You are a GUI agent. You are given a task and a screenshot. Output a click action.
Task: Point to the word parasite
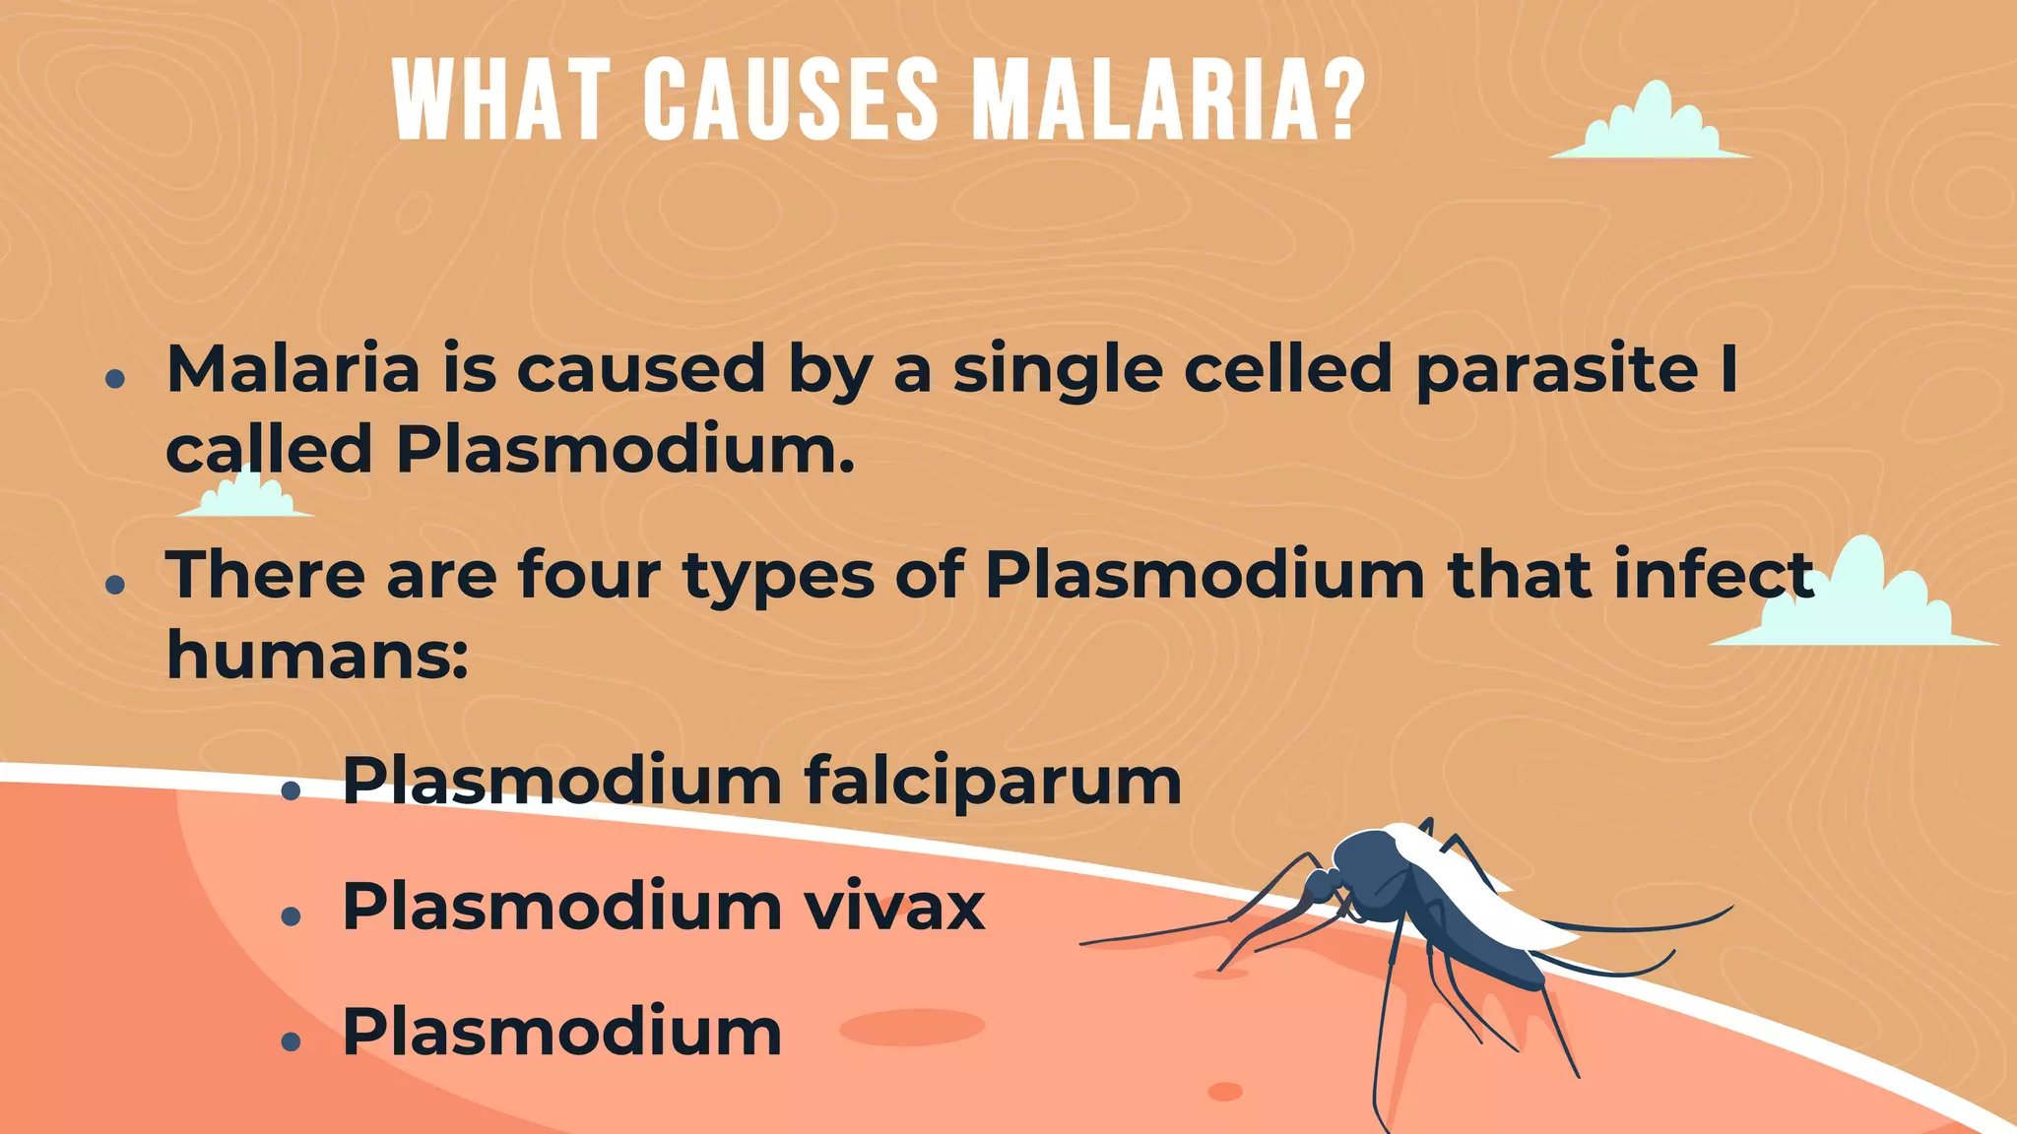(1556, 371)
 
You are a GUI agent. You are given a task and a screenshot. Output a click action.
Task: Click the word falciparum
(992, 782)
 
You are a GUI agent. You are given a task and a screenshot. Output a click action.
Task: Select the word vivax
(894, 906)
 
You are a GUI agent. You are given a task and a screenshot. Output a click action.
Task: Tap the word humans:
(317, 655)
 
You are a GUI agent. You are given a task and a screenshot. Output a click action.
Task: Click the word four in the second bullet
(589, 574)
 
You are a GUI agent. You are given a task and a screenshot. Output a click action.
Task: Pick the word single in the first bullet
(1057, 371)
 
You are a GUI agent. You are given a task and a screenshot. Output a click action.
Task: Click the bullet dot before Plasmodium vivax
(291, 917)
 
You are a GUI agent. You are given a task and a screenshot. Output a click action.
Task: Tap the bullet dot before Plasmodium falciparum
(291, 790)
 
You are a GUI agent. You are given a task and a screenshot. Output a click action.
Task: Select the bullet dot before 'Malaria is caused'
(115, 379)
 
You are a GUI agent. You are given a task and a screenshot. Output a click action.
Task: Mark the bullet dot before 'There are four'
(115, 585)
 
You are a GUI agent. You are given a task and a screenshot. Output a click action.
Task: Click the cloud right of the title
(1651, 126)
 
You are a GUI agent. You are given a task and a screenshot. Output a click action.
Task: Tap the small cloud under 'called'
(246, 495)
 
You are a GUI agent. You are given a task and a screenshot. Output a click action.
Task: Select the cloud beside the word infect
(1861, 600)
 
